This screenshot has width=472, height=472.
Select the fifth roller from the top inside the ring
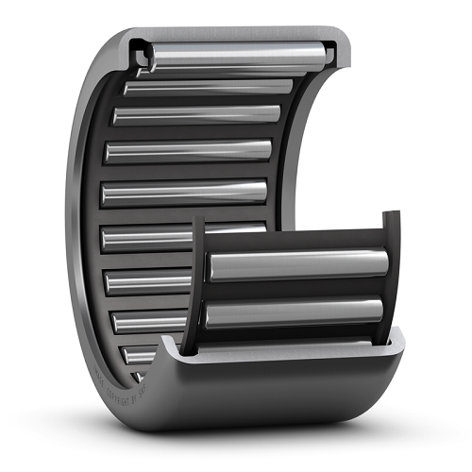(x=184, y=192)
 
